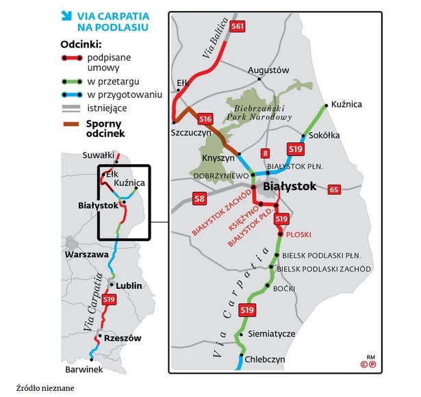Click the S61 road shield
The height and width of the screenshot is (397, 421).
tap(237, 26)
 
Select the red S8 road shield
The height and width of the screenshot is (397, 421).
tap(199, 199)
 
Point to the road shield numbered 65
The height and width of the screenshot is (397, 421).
tap(334, 189)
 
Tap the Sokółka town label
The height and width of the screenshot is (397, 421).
tap(324, 135)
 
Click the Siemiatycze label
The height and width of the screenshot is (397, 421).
tap(270, 333)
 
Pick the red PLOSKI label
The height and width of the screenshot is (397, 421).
tap(298, 234)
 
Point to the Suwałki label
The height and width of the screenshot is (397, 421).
tap(97, 155)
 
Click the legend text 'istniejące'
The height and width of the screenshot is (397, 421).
tap(108, 107)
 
